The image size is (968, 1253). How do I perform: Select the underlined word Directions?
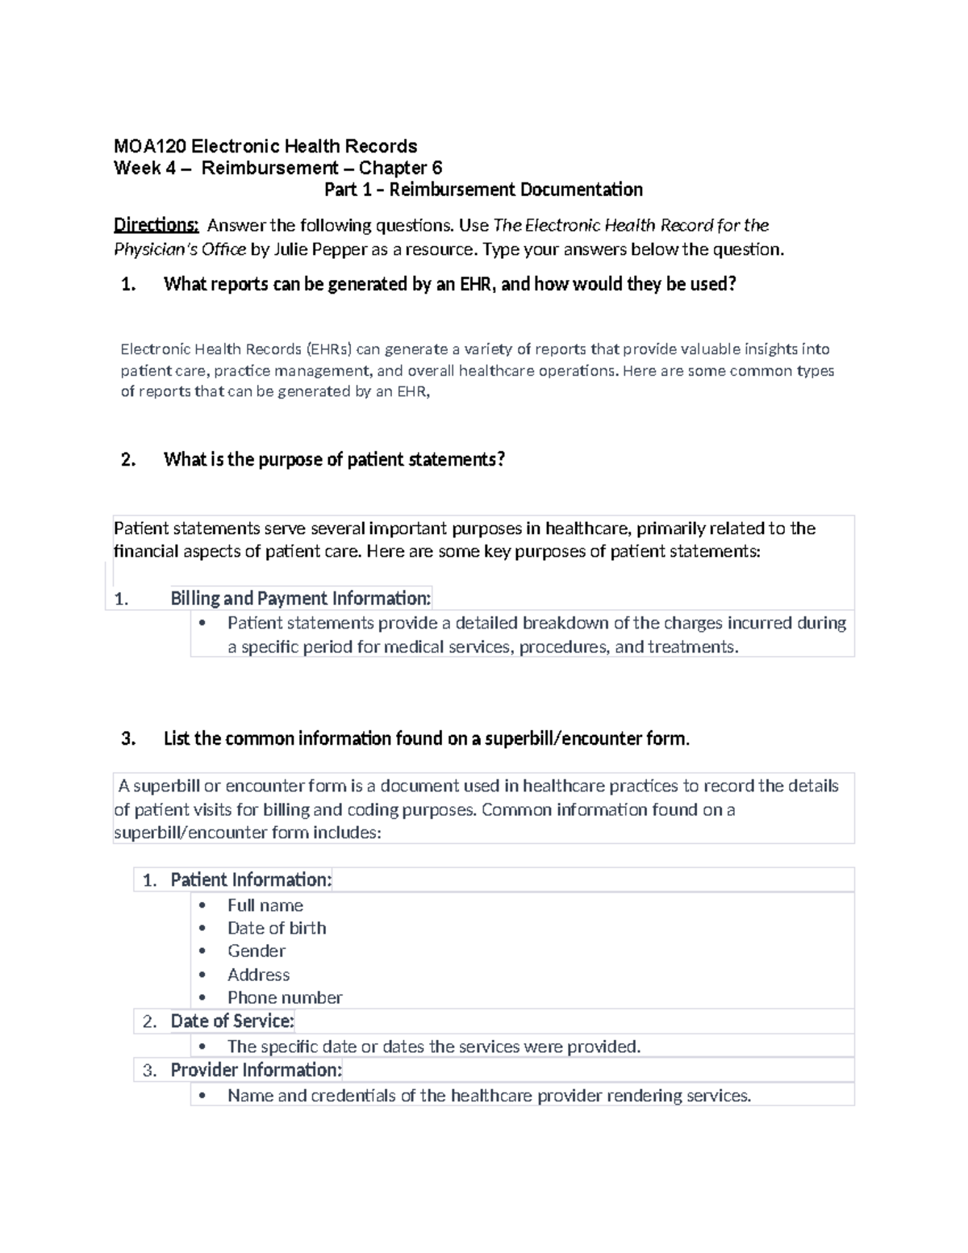[x=156, y=225]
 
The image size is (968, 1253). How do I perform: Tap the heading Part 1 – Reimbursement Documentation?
[x=483, y=190]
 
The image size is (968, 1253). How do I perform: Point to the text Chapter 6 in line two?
[x=401, y=168]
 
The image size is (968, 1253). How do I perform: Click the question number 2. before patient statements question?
[x=127, y=460]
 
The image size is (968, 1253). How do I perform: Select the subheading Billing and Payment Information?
[x=301, y=598]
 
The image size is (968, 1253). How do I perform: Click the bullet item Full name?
[x=265, y=905]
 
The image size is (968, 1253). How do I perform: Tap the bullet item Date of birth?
[x=277, y=928]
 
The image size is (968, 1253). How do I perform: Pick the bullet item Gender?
[x=257, y=951]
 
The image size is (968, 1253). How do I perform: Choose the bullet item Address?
[x=258, y=975]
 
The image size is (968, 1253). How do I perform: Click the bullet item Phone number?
[x=285, y=998]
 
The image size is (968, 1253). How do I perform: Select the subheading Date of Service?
[x=232, y=1021]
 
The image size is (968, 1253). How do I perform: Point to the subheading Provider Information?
[x=257, y=1070]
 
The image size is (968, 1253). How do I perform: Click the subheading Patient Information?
[x=251, y=879]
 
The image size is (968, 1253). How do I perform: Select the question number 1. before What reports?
[x=127, y=284]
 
